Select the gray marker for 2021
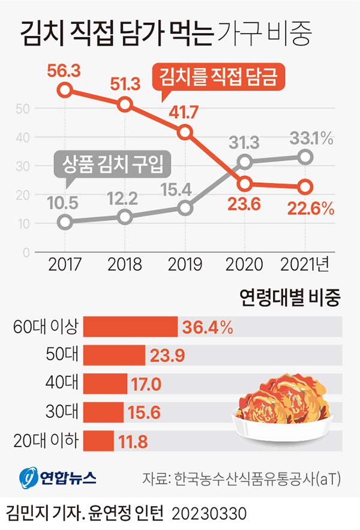click(305, 157)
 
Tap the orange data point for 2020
click(244, 184)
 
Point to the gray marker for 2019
click(185, 208)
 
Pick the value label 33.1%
click(311, 139)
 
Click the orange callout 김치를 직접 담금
click(220, 77)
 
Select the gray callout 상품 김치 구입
click(109, 163)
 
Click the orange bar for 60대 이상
click(131, 327)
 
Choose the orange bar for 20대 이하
click(99, 441)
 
